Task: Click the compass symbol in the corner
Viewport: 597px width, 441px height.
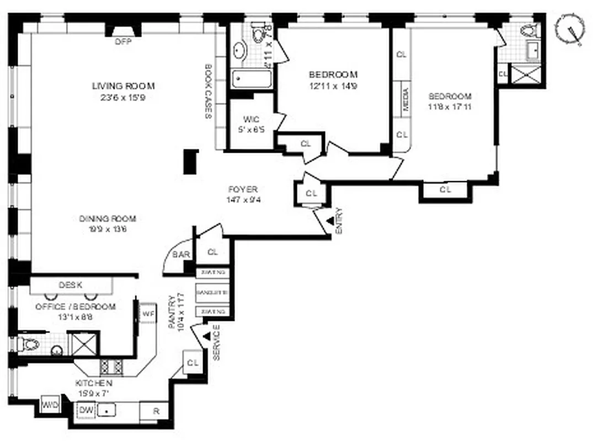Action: [569, 29]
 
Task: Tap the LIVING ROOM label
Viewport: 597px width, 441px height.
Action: [123, 86]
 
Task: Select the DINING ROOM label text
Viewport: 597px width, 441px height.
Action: [108, 218]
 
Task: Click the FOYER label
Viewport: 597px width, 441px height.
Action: [243, 189]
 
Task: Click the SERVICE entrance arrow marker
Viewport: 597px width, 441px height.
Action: [206, 336]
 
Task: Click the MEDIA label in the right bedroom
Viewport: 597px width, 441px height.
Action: [406, 100]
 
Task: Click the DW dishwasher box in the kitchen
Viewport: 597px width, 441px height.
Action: [86, 410]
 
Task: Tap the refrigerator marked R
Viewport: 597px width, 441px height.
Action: [156, 411]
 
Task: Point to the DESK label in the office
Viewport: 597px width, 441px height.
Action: [71, 285]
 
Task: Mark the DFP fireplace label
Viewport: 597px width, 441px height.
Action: [123, 42]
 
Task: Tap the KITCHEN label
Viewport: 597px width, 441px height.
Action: [94, 383]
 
